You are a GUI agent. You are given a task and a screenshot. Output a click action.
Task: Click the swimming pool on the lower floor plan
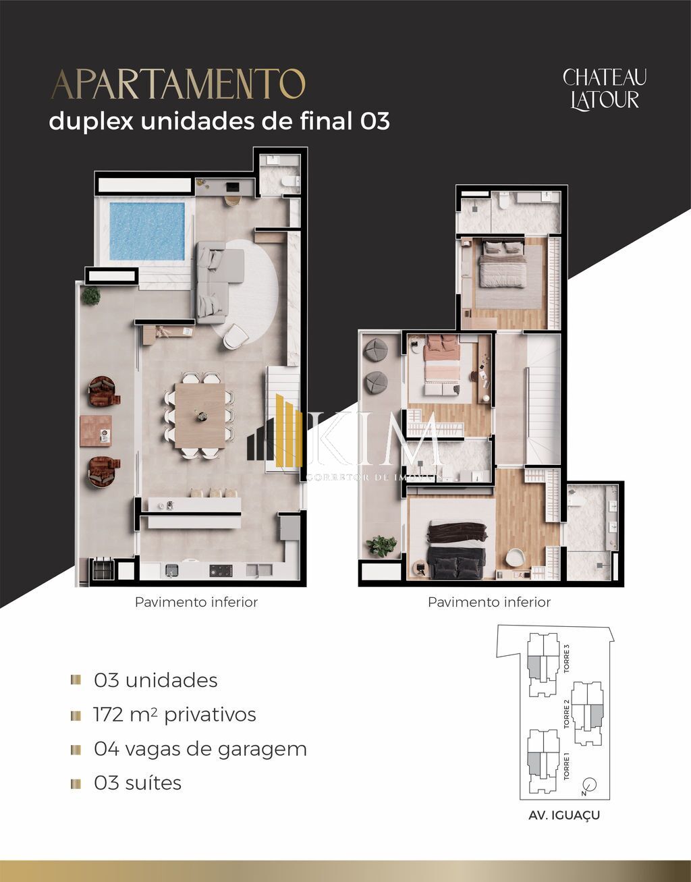point(146,230)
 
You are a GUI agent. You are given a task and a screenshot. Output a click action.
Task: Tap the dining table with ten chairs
point(200,416)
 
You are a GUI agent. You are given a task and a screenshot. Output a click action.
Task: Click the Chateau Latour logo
point(604,88)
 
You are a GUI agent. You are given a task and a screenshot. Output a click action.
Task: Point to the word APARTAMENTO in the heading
point(178,84)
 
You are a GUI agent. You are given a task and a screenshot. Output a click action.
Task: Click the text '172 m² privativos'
point(175,715)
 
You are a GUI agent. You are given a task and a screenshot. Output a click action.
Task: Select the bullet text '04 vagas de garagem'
point(200,749)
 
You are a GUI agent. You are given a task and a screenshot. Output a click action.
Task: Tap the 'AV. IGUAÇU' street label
point(564,815)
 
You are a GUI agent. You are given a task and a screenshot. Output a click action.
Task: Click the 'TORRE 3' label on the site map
point(567,659)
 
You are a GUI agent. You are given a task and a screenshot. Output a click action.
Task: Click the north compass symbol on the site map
point(589,784)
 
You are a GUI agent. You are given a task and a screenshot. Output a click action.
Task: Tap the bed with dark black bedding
point(458,549)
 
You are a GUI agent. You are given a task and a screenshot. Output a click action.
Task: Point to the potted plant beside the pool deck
point(91,295)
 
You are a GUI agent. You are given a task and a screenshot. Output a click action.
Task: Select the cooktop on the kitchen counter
point(221,570)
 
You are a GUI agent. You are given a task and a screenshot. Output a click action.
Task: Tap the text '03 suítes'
point(138,783)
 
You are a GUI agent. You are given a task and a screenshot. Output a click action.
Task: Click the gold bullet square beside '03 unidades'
point(76,680)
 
